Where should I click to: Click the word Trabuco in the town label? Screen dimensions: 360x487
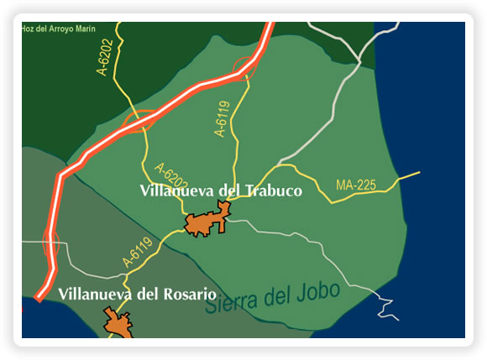[270, 190]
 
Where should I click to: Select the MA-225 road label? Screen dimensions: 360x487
[355, 185]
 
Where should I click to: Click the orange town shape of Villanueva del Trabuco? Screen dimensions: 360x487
[205, 223]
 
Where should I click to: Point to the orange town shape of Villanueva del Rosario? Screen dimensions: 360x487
[118, 323]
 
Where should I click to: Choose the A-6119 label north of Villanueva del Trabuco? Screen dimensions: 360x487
[222, 119]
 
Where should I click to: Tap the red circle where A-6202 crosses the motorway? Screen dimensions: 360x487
[139, 123]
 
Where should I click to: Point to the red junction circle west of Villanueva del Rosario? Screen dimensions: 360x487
[48, 243]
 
